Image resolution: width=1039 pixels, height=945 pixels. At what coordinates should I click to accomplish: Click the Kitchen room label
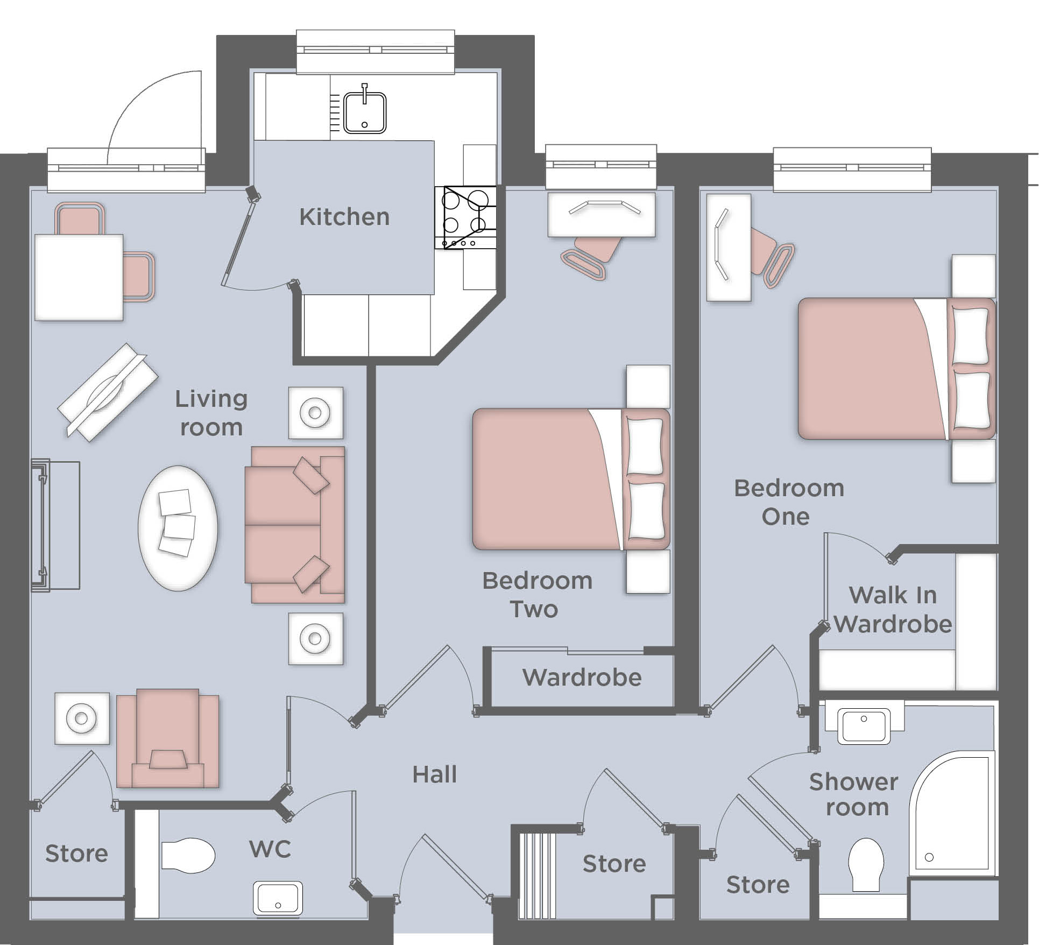(344, 217)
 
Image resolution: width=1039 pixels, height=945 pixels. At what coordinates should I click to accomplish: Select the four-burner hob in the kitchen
(465, 217)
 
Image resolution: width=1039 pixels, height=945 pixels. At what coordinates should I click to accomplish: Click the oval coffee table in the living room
(178, 528)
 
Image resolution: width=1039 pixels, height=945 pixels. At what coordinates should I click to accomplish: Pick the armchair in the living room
(168, 738)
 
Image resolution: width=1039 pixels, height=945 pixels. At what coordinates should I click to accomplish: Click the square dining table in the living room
(79, 277)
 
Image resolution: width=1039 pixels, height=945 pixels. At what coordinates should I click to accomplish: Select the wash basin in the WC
(277, 898)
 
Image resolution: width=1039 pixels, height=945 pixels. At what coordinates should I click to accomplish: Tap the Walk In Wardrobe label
(893, 610)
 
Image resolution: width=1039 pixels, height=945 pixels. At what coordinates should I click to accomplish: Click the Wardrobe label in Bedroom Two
(582, 678)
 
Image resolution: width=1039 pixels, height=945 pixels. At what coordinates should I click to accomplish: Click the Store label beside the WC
(76, 854)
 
